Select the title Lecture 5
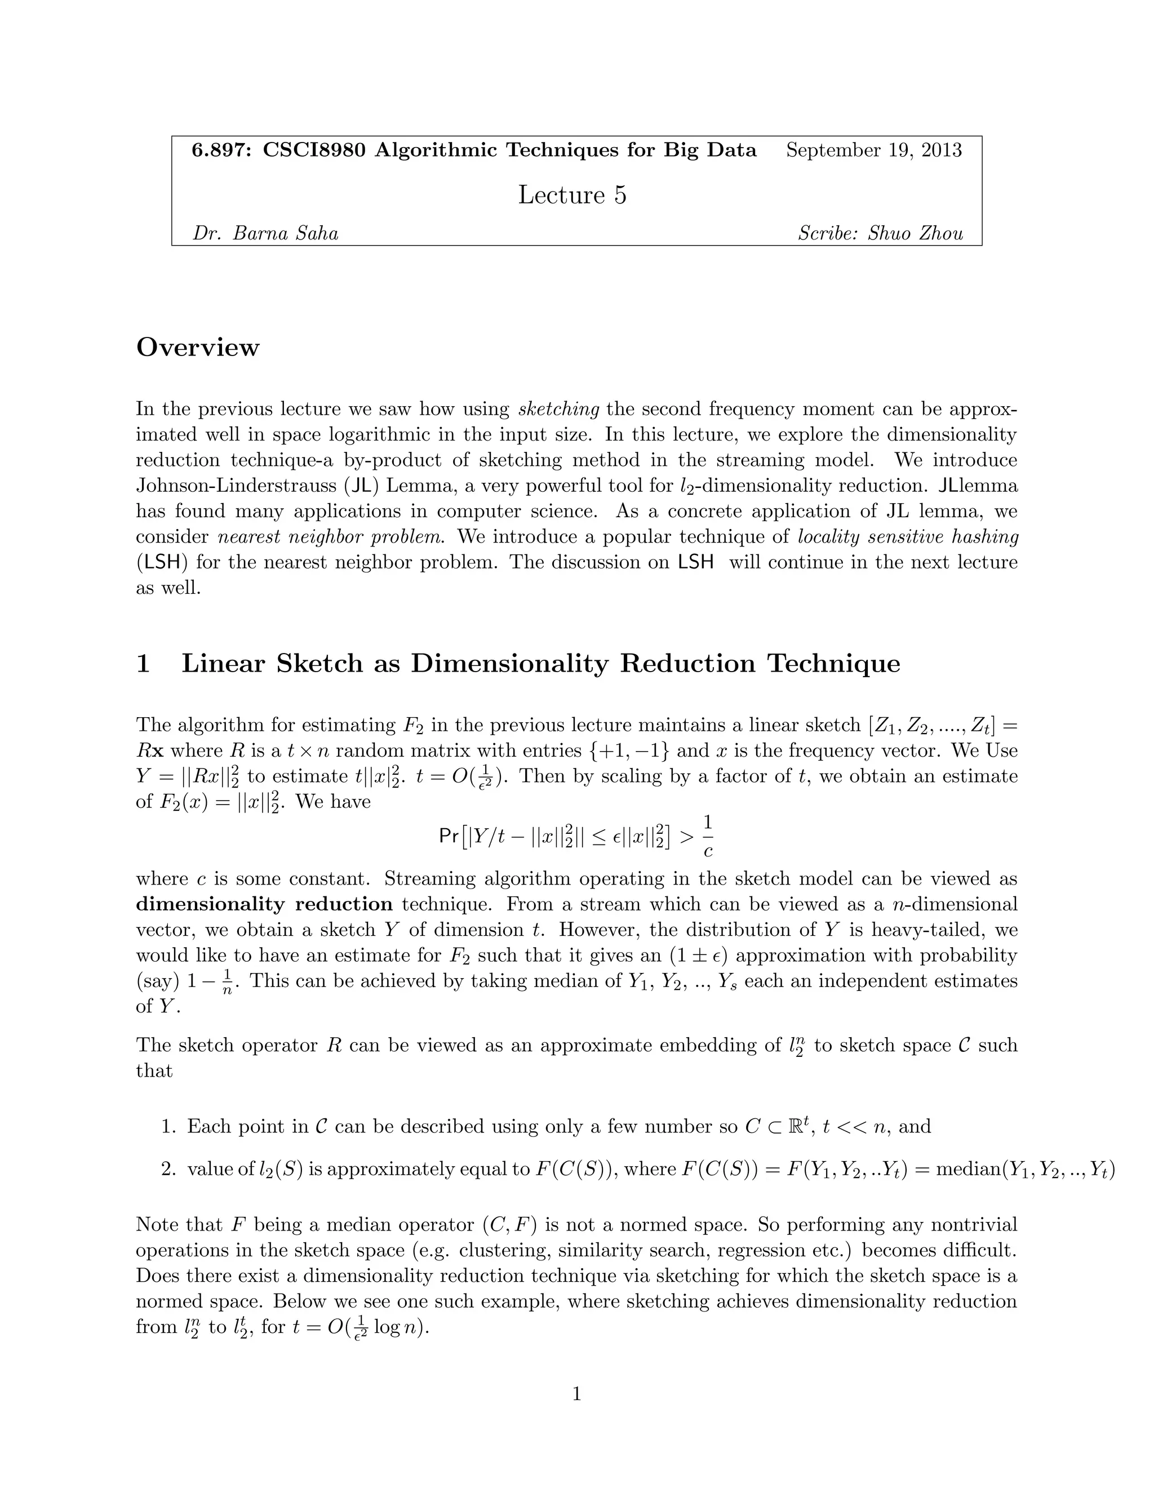[572, 195]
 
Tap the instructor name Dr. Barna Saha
[265, 234]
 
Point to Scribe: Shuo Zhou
[881, 234]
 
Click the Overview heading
[198, 347]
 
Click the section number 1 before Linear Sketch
[143, 664]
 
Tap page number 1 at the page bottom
[576, 1394]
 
